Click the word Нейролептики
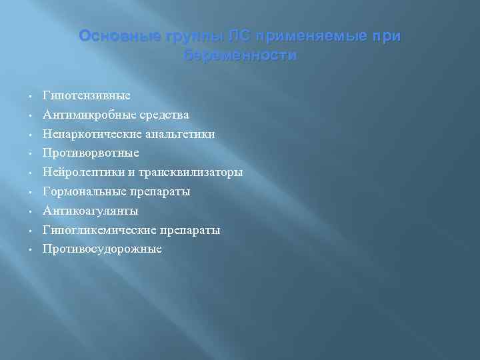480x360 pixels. click(84, 172)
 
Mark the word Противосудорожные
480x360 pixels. click(102, 249)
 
